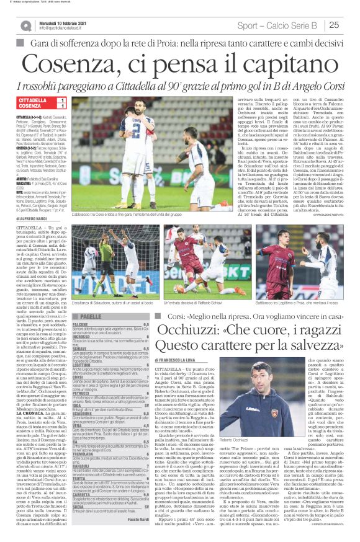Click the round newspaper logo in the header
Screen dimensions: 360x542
25,24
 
